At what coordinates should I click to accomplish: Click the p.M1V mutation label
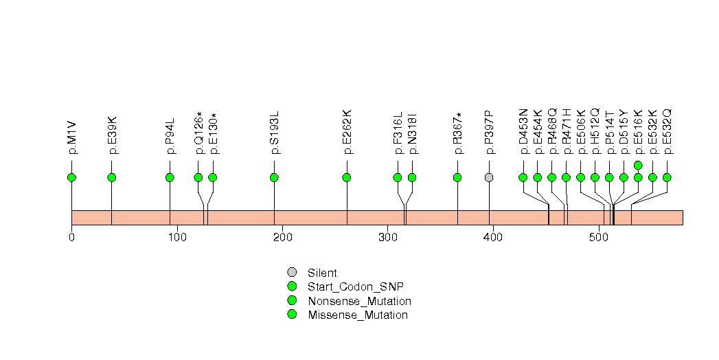tap(72, 138)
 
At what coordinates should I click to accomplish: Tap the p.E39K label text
tap(112, 135)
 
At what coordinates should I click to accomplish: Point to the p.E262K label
tap(347, 132)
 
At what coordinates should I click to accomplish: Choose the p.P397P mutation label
tap(489, 132)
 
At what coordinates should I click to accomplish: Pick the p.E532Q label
tap(667, 132)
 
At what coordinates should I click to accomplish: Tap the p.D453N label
tap(523, 132)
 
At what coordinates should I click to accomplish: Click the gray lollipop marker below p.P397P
tap(489, 177)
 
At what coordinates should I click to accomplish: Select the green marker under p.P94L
tap(170, 177)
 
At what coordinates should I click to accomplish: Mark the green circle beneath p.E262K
tap(347, 177)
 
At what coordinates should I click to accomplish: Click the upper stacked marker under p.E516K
tap(638, 165)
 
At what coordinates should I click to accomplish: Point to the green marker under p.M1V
tap(71, 177)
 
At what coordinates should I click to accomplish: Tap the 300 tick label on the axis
tap(387, 238)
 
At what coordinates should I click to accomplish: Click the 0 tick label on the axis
tap(71, 238)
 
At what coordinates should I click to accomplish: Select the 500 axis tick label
tap(598, 238)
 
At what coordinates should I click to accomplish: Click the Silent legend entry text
tap(322, 273)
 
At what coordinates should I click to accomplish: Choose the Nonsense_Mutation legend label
tap(360, 302)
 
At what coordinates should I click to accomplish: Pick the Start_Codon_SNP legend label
tap(356, 287)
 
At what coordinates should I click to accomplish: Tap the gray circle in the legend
tap(292, 273)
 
